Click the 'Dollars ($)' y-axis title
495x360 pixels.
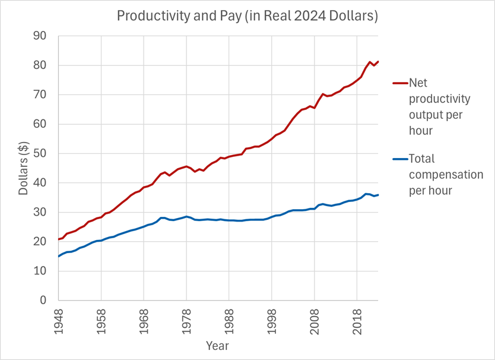coord(25,168)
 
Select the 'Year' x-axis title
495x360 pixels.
coord(217,346)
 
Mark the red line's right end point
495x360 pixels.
coord(379,61)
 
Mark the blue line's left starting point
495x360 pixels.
coord(58,257)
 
